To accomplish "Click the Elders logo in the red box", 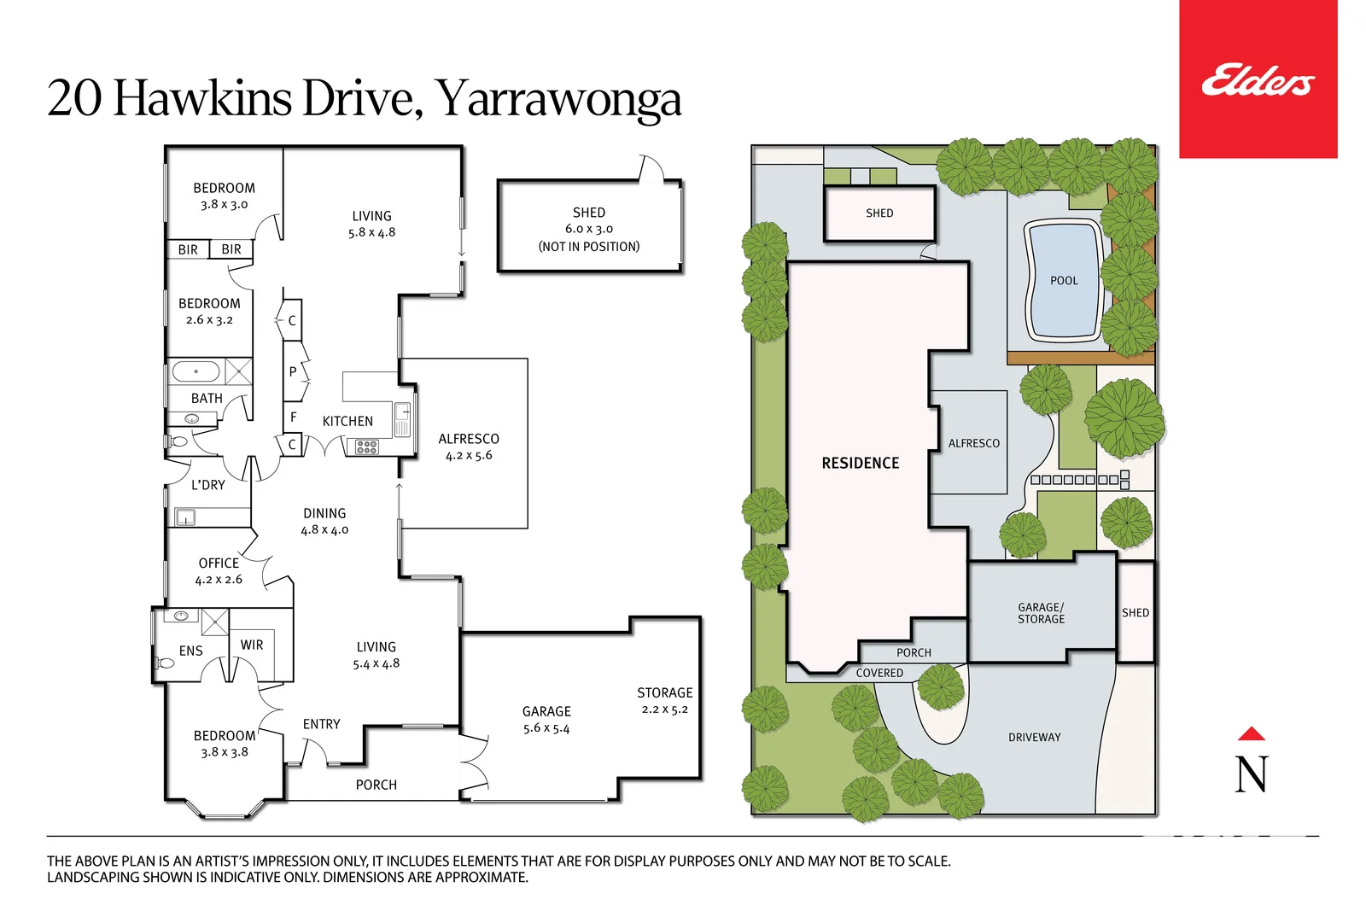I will [x=1258, y=79].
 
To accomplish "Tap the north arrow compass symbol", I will [x=1252, y=762].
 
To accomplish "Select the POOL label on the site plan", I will [x=1064, y=281].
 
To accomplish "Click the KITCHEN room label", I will [x=347, y=421].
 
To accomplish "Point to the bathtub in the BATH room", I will [x=196, y=372].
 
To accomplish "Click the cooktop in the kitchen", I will [x=367, y=447].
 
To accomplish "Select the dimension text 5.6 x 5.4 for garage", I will [x=546, y=728].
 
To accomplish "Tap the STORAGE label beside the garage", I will [x=664, y=692].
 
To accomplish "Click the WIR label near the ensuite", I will [x=252, y=645].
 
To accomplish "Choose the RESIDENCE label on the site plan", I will [x=860, y=463].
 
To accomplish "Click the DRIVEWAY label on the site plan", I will [x=1034, y=737].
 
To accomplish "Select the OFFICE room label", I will [x=219, y=563].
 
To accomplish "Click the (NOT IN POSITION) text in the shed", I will [x=588, y=247].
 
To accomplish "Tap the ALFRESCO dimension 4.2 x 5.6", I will [x=469, y=455].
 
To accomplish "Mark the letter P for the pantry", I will [x=293, y=371].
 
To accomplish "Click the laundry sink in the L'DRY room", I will [x=185, y=517].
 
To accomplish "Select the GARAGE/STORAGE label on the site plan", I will [x=1041, y=613].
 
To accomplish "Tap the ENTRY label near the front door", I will [x=321, y=724].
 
